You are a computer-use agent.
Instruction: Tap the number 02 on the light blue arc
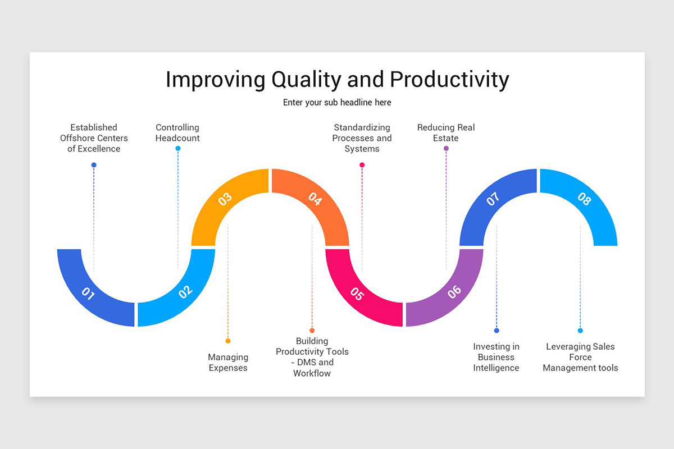[x=185, y=291]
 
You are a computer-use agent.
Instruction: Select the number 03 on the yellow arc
[x=225, y=199]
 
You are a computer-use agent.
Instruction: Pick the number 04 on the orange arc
[x=315, y=199]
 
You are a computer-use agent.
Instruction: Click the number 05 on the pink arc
[x=357, y=293]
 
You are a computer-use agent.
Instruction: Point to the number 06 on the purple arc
[x=454, y=291]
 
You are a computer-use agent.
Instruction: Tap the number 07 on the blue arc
[x=493, y=199]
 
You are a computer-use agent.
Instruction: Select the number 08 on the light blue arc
[x=584, y=199]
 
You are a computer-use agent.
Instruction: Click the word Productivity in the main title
[x=449, y=80]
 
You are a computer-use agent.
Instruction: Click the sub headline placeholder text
[x=337, y=103]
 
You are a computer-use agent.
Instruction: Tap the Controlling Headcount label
[x=177, y=133]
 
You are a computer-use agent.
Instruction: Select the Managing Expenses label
[x=228, y=363]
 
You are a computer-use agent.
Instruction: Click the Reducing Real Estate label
[x=446, y=133]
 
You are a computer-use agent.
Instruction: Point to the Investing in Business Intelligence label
[x=496, y=358]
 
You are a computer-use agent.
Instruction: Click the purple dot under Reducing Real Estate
[x=446, y=149]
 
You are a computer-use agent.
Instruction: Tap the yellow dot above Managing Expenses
[x=228, y=341]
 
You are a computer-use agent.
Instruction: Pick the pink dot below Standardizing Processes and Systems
[x=362, y=165]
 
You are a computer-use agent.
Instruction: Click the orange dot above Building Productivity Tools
[x=312, y=331]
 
